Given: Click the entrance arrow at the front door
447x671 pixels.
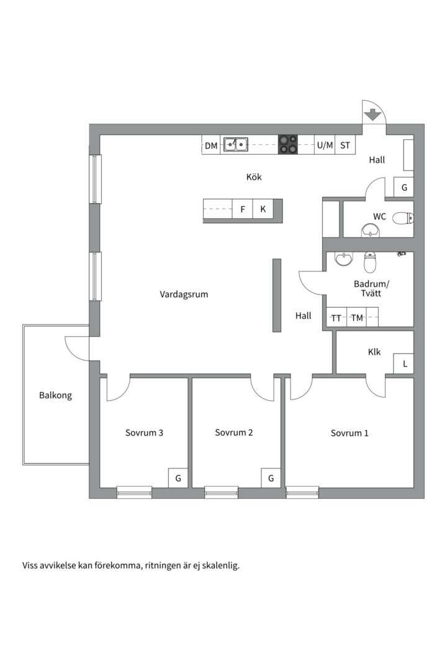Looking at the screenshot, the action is point(373,115).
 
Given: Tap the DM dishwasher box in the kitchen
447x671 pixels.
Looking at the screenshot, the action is point(211,145).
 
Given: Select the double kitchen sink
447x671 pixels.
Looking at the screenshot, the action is point(235,145).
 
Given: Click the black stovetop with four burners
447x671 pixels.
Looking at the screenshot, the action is point(288,145).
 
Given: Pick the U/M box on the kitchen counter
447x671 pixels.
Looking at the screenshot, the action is point(325,145).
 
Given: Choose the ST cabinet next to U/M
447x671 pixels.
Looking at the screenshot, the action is point(345,145).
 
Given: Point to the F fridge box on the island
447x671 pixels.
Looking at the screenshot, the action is point(243,209).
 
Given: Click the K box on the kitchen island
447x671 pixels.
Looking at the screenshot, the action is point(263,209).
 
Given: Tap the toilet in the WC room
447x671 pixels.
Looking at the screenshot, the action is point(403,218).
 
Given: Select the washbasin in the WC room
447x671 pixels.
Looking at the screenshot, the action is point(371,231).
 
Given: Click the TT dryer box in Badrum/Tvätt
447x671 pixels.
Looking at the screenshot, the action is point(336,317).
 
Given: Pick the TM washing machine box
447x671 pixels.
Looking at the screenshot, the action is point(357,317).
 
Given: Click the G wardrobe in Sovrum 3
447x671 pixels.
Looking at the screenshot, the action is point(178,478).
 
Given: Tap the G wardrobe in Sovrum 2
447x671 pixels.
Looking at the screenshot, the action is point(271,478).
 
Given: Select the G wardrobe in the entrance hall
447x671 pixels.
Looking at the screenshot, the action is point(404,187).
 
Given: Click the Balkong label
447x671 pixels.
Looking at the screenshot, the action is point(56,395).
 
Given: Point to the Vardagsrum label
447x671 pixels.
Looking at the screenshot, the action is point(184,294).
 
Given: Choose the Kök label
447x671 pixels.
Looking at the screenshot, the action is point(254,176).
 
